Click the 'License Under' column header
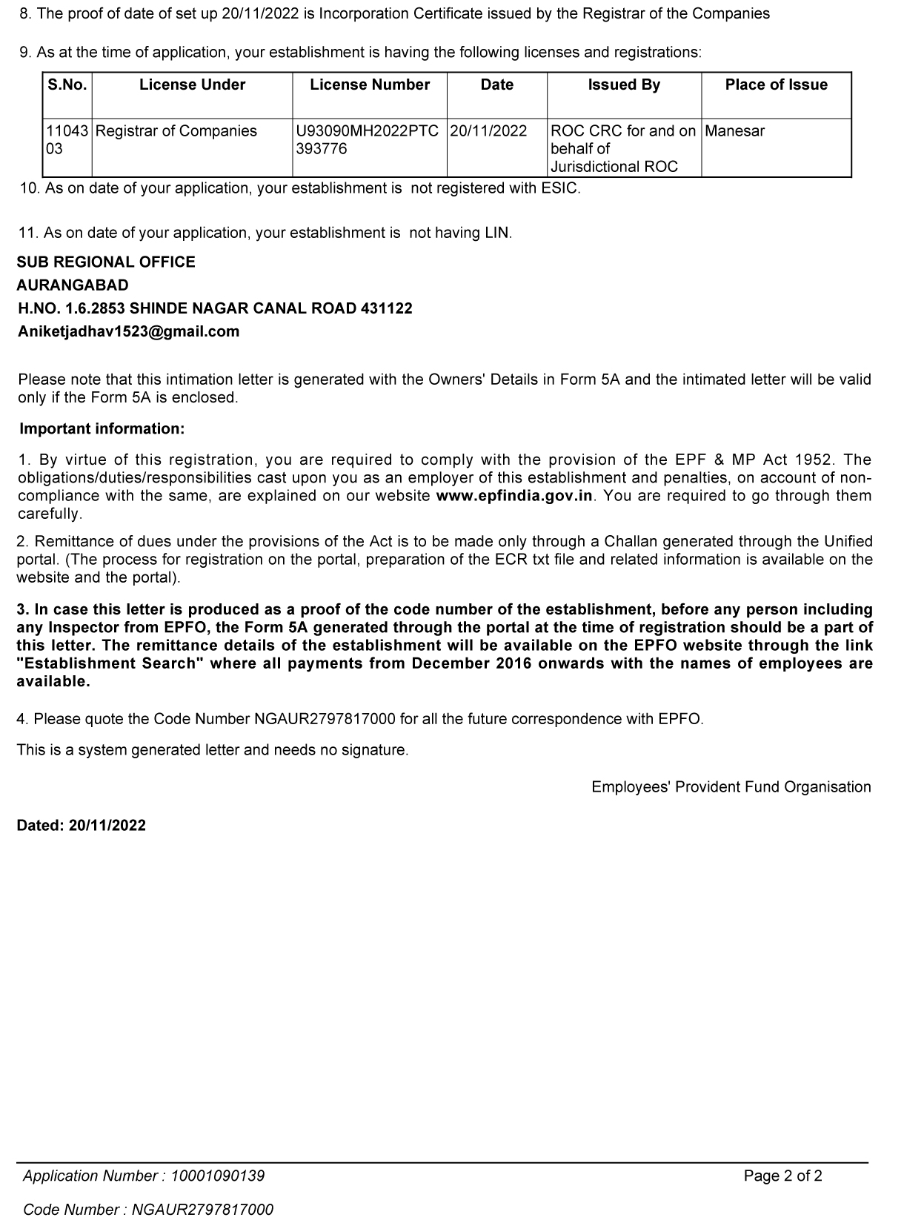pos(192,85)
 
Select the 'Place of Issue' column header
pos(776,85)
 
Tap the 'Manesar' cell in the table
pos(734,131)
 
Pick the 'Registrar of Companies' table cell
pos(176,131)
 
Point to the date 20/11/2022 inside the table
pos(488,131)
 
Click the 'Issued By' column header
pos(624,85)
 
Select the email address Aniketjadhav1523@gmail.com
pos(128,332)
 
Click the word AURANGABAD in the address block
pos(73,285)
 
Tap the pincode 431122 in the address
pos(386,308)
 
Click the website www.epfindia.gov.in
pos(515,496)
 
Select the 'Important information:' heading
pos(102,429)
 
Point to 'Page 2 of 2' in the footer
pos(783,1176)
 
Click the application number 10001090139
pos(218,1176)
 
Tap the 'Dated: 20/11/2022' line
pos(82,826)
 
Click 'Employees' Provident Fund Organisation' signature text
pos(731,787)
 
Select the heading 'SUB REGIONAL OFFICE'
pos(106,262)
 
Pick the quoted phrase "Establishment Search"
pos(110,663)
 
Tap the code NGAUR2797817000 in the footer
pos(202,1210)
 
